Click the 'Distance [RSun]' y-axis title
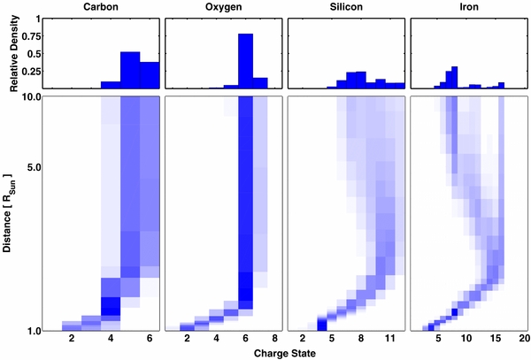coord(7,212)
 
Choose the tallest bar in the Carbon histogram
coord(130,70)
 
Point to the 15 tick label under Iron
coord(499,339)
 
